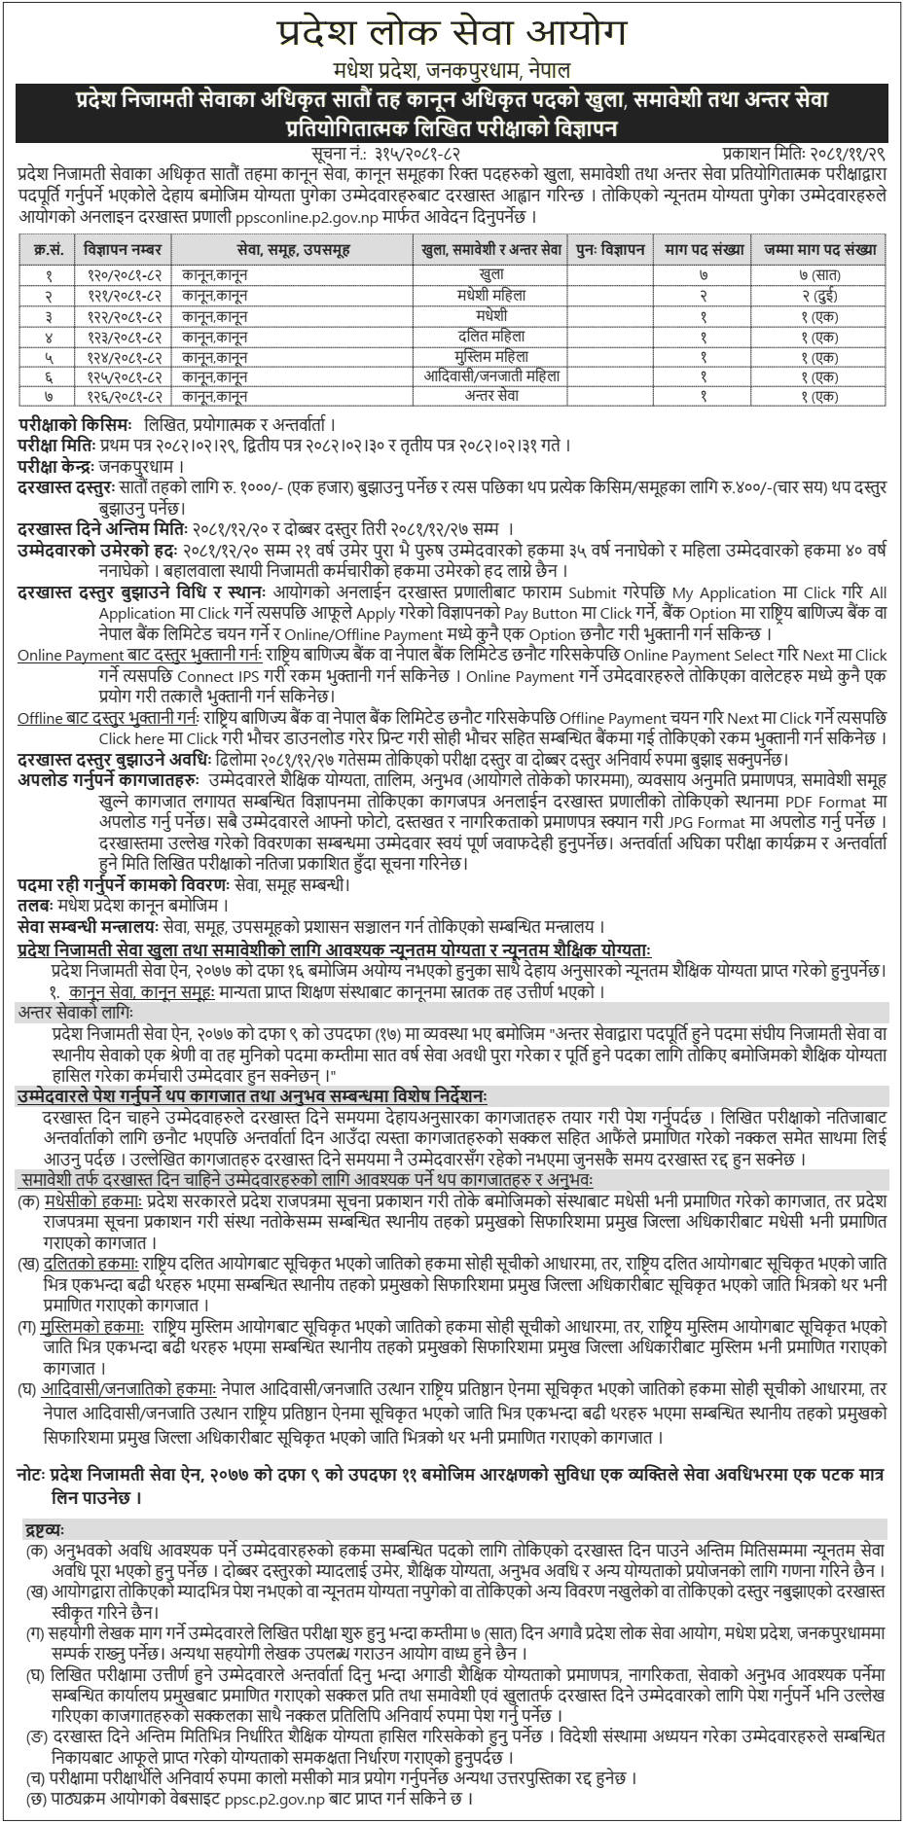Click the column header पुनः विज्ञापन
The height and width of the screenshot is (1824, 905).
click(610, 248)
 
